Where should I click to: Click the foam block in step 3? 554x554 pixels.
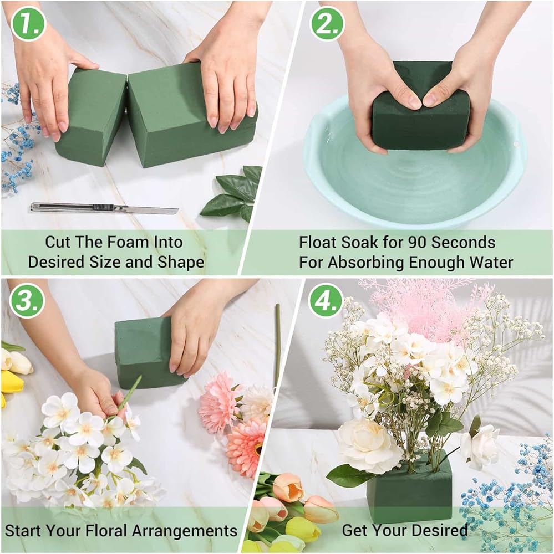145,352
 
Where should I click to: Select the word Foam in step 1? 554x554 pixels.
119,242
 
